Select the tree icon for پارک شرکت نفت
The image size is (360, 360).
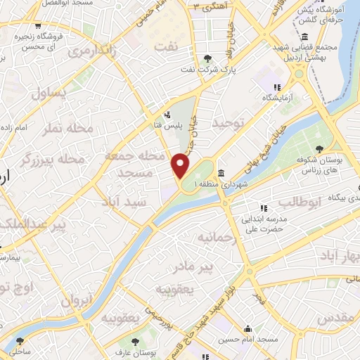click(x=206, y=59)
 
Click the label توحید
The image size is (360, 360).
click(x=228, y=124)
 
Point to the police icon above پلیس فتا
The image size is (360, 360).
click(x=167, y=115)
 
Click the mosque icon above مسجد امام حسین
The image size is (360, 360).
click(x=247, y=328)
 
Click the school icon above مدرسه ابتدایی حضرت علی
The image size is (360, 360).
click(x=264, y=208)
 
